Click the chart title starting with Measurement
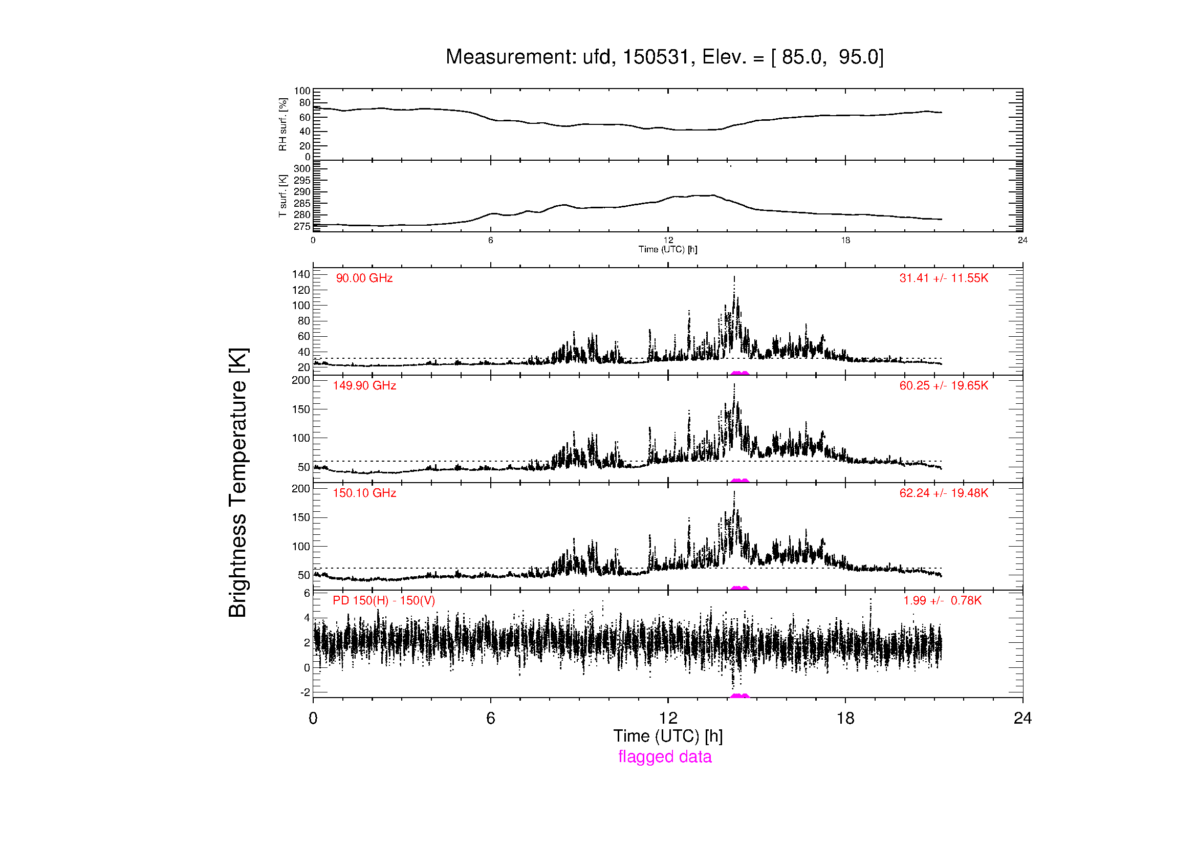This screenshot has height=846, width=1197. [665, 57]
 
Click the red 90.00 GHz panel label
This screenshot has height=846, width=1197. [364, 278]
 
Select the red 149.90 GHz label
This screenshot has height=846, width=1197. [364, 386]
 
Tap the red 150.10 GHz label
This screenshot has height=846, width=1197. [364, 493]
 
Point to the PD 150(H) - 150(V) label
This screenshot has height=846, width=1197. [384, 600]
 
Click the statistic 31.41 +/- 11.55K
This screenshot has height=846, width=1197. [944, 278]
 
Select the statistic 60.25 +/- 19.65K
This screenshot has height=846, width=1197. [944, 386]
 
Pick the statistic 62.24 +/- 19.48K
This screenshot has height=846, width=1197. [944, 493]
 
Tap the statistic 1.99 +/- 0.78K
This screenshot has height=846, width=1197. [943, 600]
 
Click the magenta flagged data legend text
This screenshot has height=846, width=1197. [665, 757]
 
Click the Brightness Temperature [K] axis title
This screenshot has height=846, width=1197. [238, 483]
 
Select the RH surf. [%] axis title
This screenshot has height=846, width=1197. [282, 124]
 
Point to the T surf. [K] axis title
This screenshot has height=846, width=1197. [282, 196]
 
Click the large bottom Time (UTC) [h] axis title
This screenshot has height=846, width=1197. [668, 736]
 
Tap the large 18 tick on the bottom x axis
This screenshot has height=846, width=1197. [845, 718]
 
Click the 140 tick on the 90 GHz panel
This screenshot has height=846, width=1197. [301, 274]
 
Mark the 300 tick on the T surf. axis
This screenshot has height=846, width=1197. [302, 168]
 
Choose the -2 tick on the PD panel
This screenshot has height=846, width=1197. [306, 692]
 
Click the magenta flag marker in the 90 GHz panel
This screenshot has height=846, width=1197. [739, 373]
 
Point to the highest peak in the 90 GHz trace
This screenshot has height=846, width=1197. [734, 277]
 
